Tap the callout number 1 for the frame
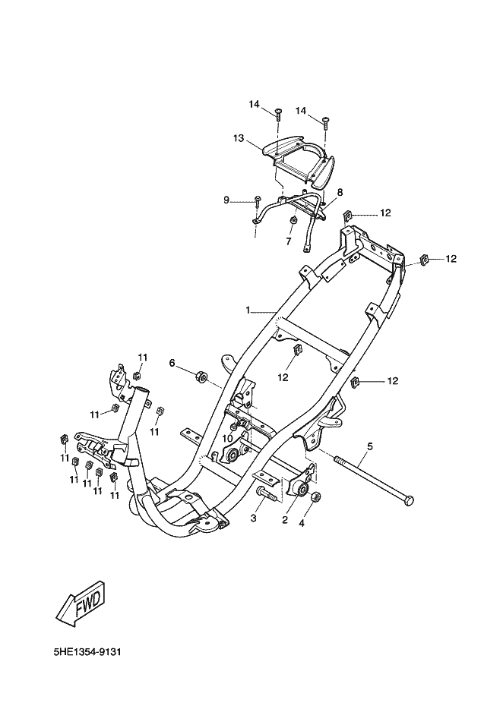click(x=248, y=310)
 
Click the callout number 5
click(x=370, y=447)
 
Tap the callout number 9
click(x=226, y=200)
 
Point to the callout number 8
click(x=340, y=192)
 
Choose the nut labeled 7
click(x=293, y=221)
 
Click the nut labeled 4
click(x=317, y=496)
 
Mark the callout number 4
click(x=302, y=524)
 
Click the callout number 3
click(x=254, y=518)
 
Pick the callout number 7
click(x=289, y=241)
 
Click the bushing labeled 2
click(x=302, y=489)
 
